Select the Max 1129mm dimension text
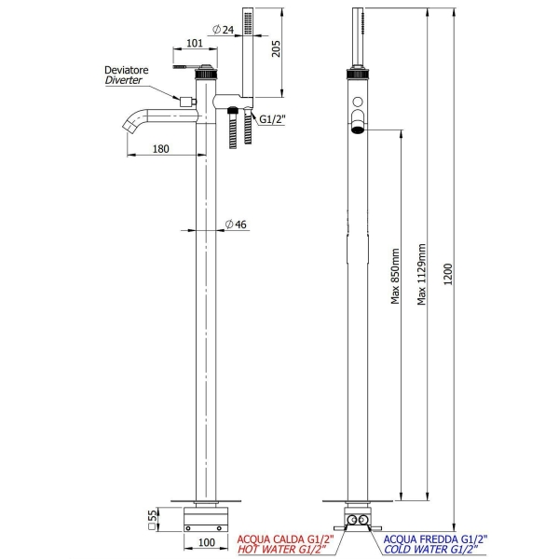coord(422,275)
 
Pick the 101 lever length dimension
coord(195,42)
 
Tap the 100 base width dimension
coord(206,542)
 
